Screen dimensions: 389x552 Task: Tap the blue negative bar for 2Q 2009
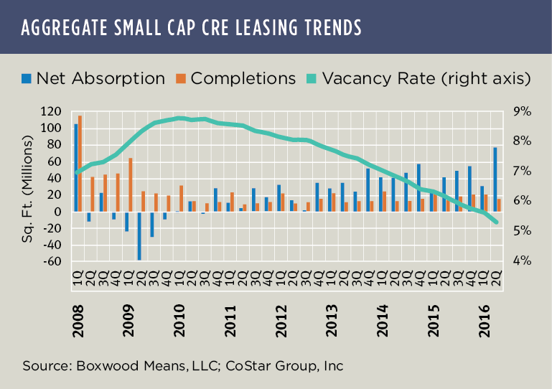click(x=139, y=235)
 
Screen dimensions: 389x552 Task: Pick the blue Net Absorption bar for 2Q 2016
click(x=495, y=179)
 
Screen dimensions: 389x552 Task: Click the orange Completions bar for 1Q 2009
click(x=131, y=184)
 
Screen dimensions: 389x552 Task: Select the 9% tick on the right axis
click(x=520, y=111)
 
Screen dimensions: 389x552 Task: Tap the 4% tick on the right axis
click(x=520, y=261)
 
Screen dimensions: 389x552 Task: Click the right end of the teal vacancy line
click(x=496, y=222)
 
